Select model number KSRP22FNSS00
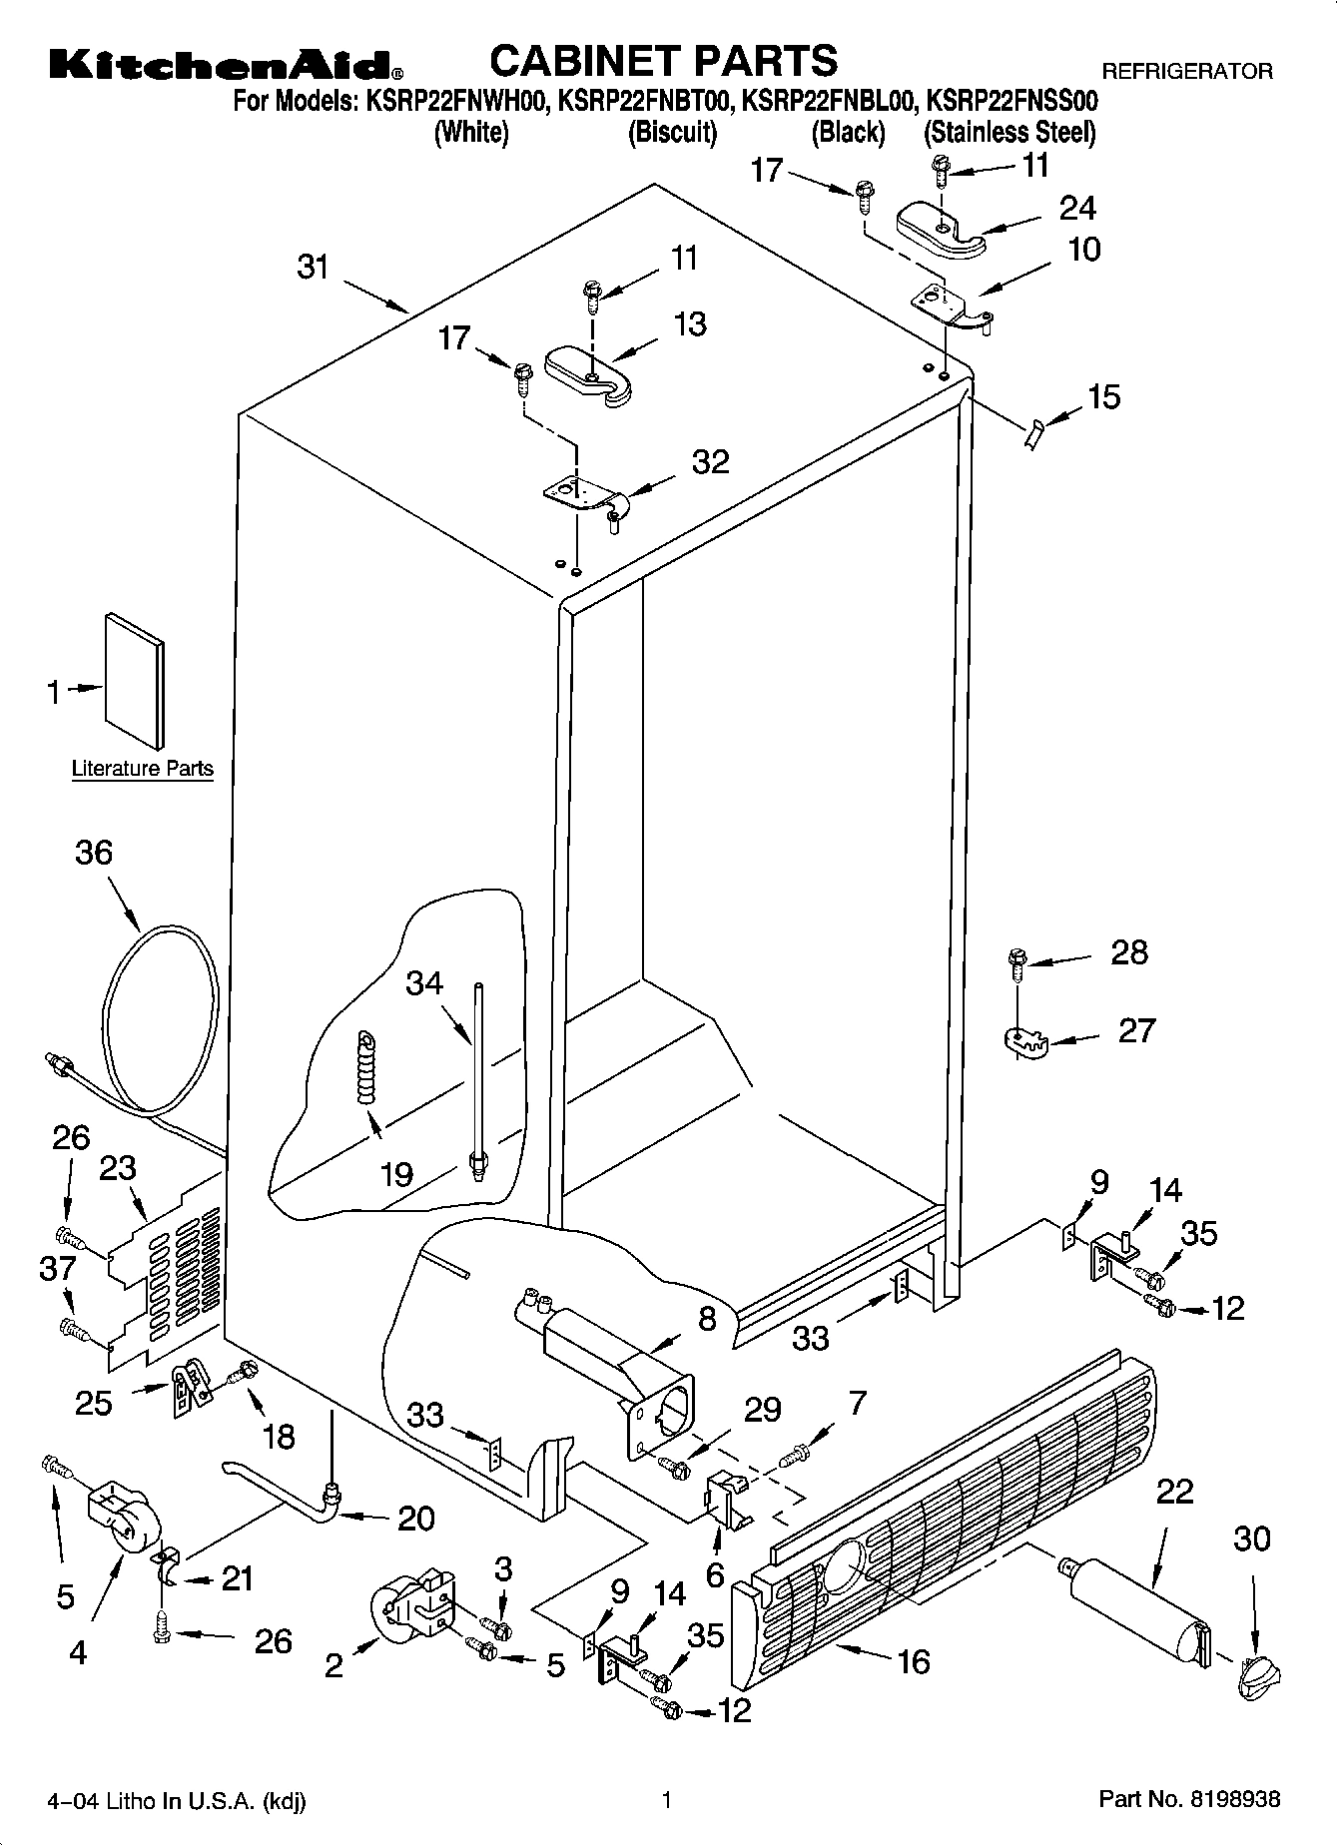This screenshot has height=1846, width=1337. (1012, 101)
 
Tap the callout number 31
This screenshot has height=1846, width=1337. (314, 268)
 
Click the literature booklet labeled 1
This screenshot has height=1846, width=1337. (136, 680)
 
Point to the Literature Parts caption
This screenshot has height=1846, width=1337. (143, 769)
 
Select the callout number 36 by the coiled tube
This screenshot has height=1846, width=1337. (94, 853)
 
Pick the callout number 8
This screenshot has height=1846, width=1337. (707, 1320)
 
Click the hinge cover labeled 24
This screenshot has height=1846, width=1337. (941, 228)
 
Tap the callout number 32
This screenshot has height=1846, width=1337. (710, 462)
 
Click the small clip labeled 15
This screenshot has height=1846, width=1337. (1034, 435)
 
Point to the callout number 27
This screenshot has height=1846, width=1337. (1136, 1029)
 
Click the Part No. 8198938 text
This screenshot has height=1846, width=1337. (1189, 1800)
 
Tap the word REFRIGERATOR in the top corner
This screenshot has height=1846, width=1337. (1186, 71)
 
